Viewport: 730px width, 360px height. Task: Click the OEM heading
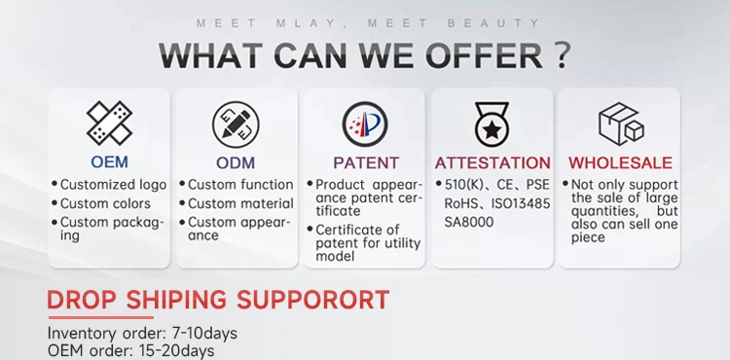pos(109,162)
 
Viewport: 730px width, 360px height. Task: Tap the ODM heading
pos(236,162)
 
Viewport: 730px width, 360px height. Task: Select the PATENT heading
pos(366,162)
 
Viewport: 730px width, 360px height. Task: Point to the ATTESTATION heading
pos(493,162)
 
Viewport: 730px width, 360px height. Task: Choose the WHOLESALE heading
pos(620,162)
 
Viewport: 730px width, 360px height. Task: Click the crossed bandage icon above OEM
pos(109,124)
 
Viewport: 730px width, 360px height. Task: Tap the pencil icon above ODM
pos(236,125)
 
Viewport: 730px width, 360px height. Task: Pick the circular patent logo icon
pos(365,125)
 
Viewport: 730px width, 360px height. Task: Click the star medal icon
pos(493,125)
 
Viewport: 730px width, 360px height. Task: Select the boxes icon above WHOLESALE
pos(621,124)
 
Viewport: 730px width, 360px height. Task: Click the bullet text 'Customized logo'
pos(113,185)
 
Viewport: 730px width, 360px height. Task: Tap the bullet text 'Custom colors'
pos(105,203)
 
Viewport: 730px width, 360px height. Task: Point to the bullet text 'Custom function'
pos(240,185)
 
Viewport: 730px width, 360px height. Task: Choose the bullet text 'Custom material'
pos(240,203)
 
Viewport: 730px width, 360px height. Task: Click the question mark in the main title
pos(563,55)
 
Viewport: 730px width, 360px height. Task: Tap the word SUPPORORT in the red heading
pos(312,300)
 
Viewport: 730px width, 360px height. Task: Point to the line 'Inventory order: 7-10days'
pos(142,334)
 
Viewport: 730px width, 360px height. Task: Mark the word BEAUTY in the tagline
pos(493,23)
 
